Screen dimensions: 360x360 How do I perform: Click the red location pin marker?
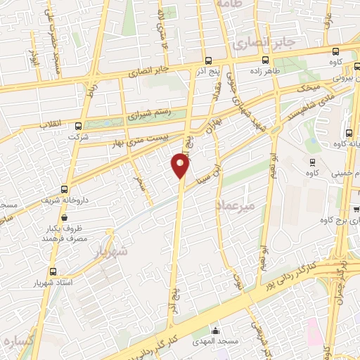(181, 166)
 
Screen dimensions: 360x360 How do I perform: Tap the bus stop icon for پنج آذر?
(208, 60)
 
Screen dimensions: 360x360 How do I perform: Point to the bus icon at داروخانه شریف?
(65, 189)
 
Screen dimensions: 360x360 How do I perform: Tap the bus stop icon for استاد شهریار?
(53, 271)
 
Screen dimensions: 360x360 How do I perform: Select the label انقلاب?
(50, 125)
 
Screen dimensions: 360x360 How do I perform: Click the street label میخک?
(309, 87)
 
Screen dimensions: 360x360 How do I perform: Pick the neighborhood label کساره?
(20, 341)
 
